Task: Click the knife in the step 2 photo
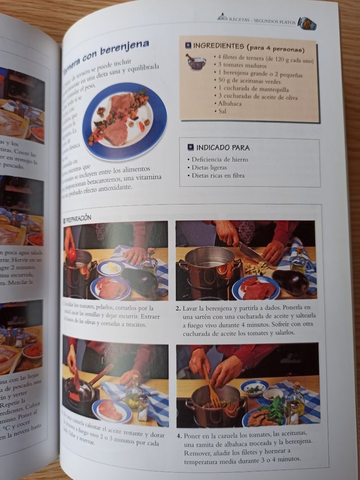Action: tap(254, 253)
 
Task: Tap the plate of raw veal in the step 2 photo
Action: tap(256, 288)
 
